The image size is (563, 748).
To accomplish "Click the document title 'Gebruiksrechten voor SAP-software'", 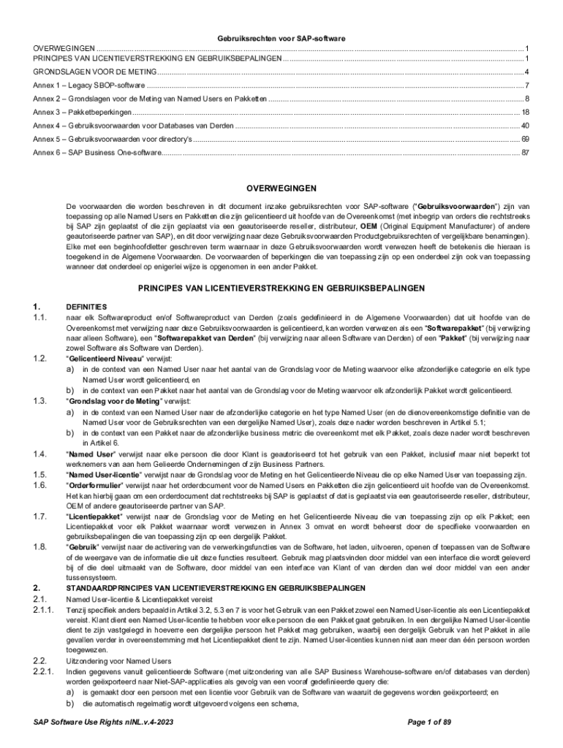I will [x=281, y=37].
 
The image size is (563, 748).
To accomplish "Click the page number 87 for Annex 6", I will [x=524, y=153].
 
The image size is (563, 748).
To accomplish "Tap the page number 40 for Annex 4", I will [x=524, y=126].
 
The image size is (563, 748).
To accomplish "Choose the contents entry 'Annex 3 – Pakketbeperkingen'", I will [x=83, y=112].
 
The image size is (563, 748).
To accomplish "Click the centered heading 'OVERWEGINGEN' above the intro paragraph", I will [x=281, y=187].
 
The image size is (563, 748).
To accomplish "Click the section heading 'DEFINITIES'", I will [x=86, y=307].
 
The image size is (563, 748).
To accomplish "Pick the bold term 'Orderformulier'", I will [x=94, y=484].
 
